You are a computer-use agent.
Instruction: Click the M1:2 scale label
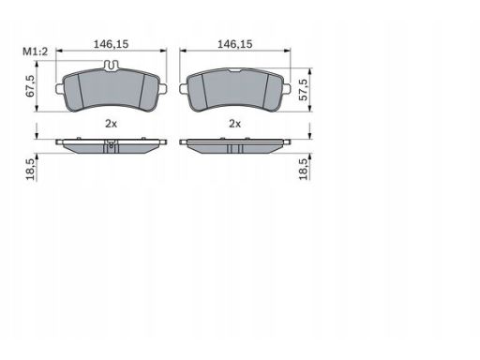(36, 52)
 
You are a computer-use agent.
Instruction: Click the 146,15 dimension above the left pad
(111, 44)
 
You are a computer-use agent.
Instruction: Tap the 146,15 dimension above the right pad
(234, 44)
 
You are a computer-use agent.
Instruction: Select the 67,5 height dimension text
(30, 85)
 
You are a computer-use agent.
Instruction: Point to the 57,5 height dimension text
(303, 89)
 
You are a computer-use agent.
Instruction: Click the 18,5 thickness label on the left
(30, 169)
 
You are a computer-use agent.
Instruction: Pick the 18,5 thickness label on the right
(303, 169)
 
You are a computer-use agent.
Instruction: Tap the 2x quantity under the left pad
(111, 124)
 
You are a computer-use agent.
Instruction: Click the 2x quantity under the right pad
(235, 124)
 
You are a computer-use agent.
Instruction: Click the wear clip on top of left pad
(112, 66)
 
